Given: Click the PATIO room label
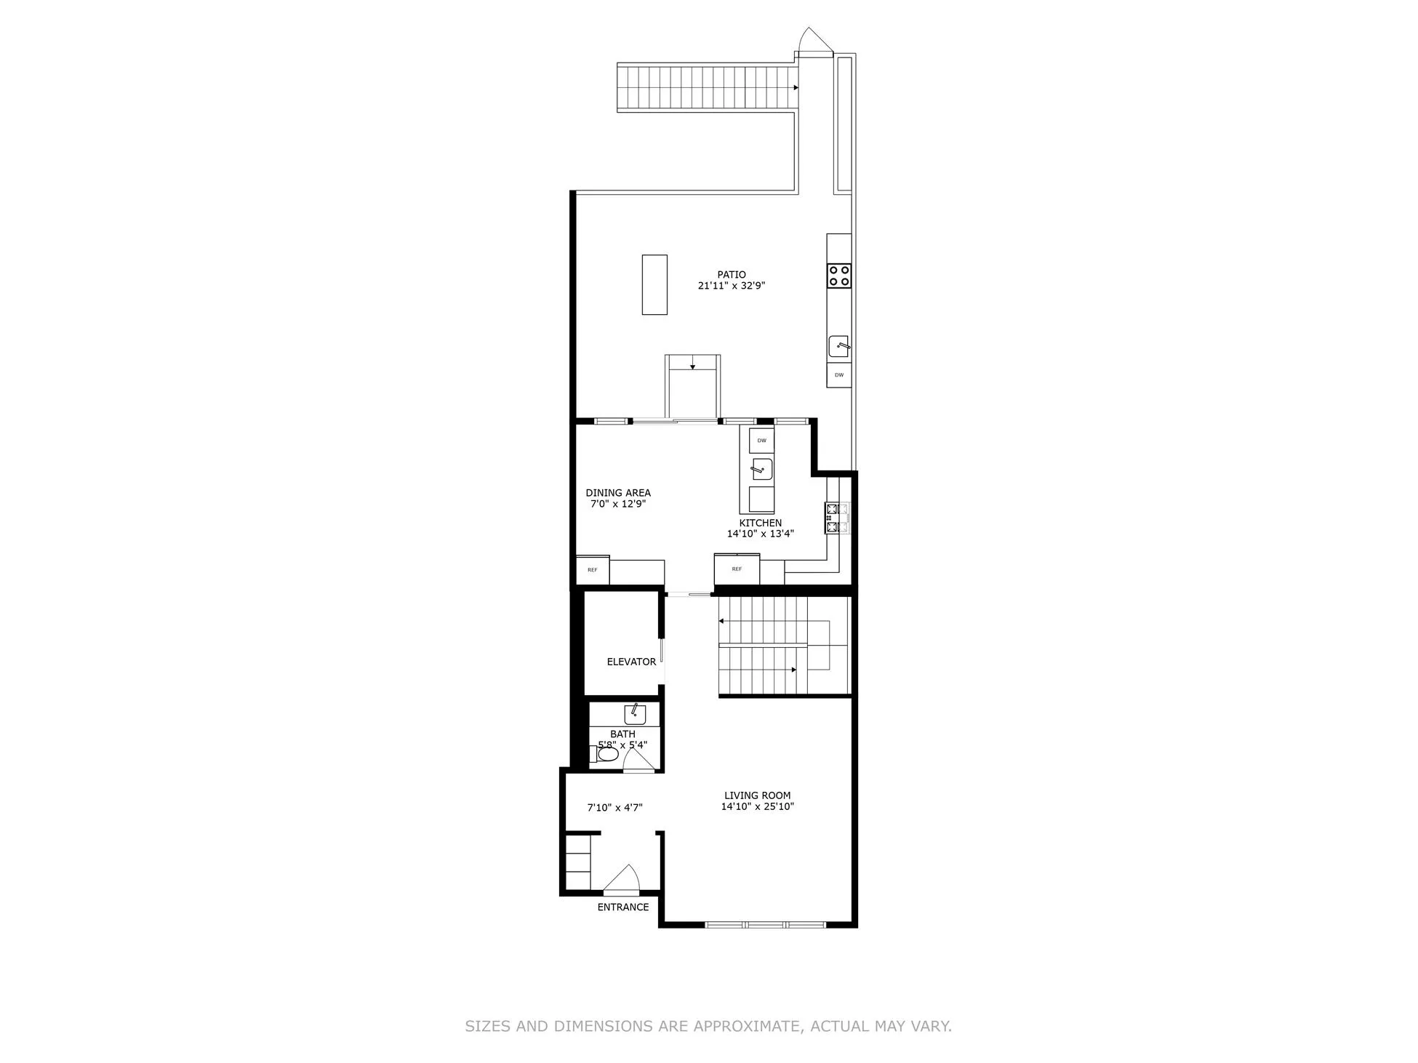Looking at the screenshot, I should click(x=731, y=274).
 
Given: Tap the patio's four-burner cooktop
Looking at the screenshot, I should click(x=838, y=275).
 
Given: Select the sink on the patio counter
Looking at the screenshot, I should click(x=839, y=346).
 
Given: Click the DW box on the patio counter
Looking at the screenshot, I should click(x=838, y=375).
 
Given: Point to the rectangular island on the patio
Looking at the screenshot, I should click(x=654, y=284).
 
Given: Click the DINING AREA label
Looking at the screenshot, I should click(x=617, y=493).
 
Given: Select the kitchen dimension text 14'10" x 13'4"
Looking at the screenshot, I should click(x=760, y=534).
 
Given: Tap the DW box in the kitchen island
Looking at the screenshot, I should click(x=761, y=441).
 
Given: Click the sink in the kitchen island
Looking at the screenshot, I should click(x=761, y=470).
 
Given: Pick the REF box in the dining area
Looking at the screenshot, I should click(x=593, y=570).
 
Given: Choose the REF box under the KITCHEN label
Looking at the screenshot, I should click(x=737, y=569).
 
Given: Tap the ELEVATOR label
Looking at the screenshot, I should click(x=631, y=662).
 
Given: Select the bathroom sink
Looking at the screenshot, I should click(x=634, y=714).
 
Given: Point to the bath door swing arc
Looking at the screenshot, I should click(x=639, y=759).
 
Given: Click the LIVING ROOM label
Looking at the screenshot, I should click(x=757, y=795).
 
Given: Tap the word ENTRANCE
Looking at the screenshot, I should click(x=622, y=907).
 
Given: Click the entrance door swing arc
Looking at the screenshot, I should click(x=622, y=878).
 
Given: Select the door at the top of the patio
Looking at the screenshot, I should click(x=814, y=43).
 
